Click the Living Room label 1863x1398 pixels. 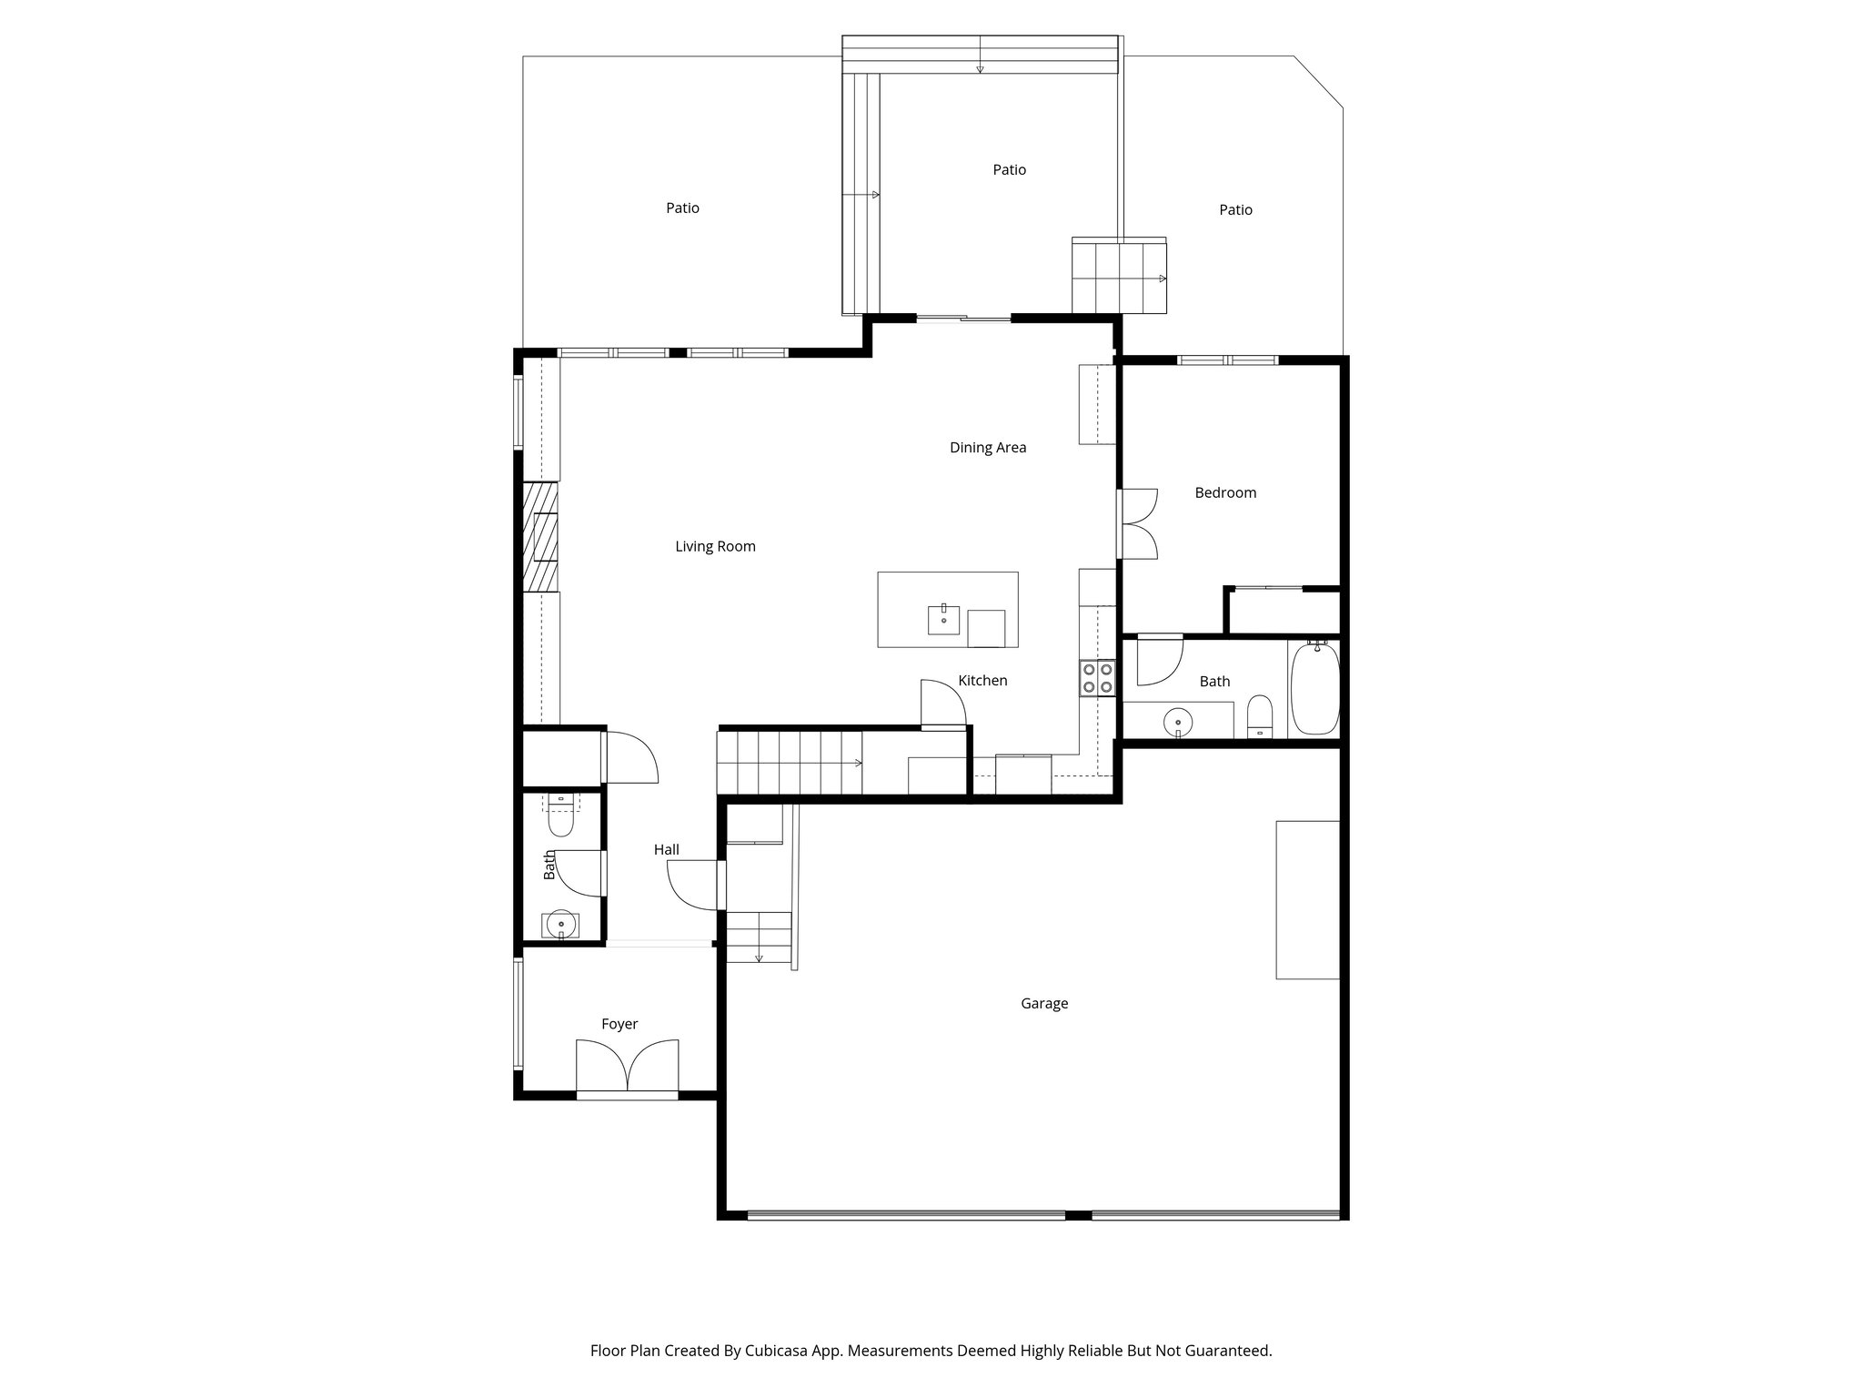coord(715,546)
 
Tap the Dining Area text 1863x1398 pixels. coord(988,447)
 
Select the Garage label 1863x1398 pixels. coord(1044,1003)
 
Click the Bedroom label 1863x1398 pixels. coord(1225,492)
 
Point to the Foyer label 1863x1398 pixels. coord(619,1024)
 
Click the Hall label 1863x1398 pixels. coord(667,849)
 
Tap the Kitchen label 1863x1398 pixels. coord(982,680)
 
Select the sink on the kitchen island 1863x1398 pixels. coord(943,619)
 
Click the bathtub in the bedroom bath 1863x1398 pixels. coord(1314,688)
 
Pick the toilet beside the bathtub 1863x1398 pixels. coord(1260,716)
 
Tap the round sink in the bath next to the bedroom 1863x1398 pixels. coord(1177,722)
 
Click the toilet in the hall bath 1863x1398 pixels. coord(561,816)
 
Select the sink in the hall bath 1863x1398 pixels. coord(560,924)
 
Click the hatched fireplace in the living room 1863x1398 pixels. coord(539,537)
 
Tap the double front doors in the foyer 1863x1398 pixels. coord(628,1067)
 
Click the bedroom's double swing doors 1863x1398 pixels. coord(1137,523)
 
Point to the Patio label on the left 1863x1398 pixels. coord(682,208)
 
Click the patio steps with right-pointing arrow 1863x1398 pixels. coord(1119,278)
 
